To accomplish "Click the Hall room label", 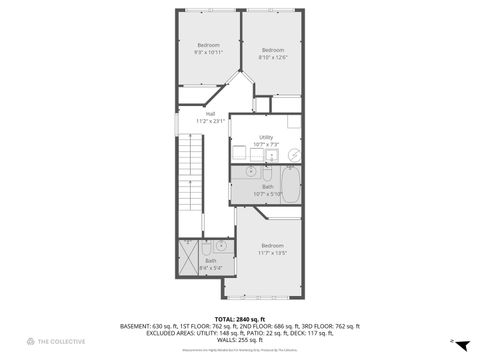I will (x=211, y=114).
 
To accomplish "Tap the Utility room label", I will (x=266, y=137).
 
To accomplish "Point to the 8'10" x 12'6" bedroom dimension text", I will (x=272, y=57).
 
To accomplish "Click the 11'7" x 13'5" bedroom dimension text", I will (x=272, y=253).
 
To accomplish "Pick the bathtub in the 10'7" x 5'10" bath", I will (x=290, y=184).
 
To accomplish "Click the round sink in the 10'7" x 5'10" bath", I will (x=250, y=173).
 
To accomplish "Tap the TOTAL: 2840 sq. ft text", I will (x=239, y=318).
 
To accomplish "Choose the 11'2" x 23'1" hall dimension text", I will (x=211, y=121).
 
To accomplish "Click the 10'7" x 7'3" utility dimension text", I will (x=266, y=144).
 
